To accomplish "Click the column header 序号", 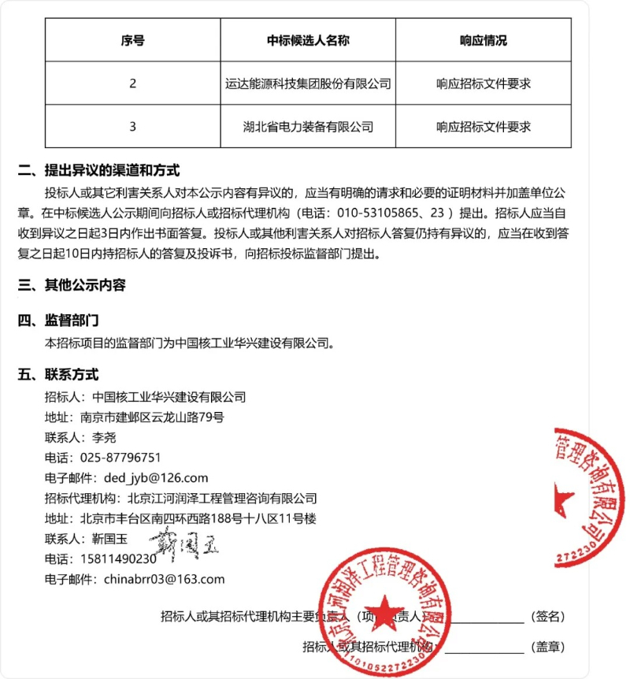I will pyautogui.click(x=132, y=40).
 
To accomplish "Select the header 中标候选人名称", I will pyautogui.click(x=308, y=40).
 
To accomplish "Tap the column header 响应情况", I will pyautogui.click(x=483, y=40).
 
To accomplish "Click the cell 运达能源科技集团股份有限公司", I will pyautogui.click(x=308, y=83).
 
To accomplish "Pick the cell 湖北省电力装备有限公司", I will pyautogui.click(x=308, y=126).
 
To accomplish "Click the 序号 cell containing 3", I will pyautogui.click(x=132, y=126).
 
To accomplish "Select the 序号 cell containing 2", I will pyautogui.click(x=132, y=83).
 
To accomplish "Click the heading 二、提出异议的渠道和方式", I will pyautogui.click(x=99, y=170).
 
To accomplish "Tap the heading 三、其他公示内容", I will pyautogui.click(x=72, y=285).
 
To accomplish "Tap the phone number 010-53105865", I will pyautogui.click(x=376, y=213).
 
